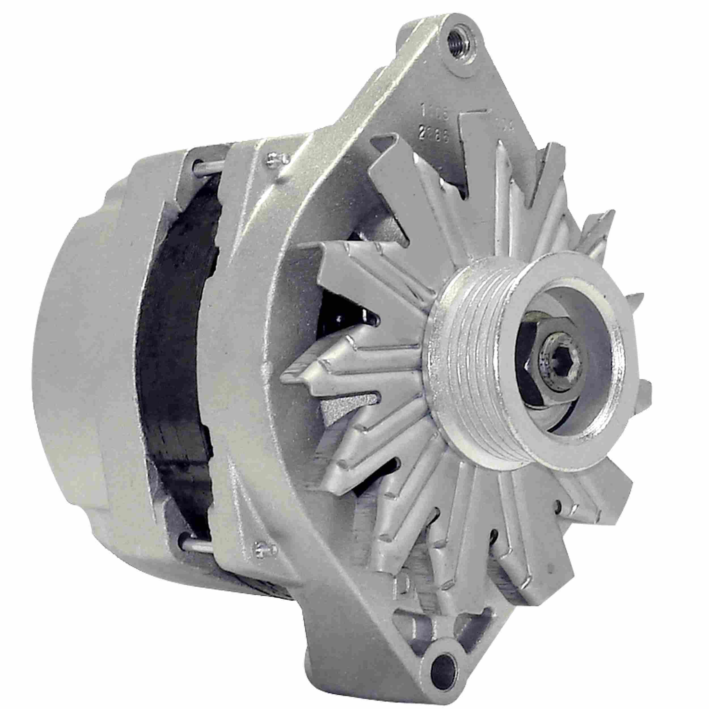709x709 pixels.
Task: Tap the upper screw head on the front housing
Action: pos(274,159)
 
